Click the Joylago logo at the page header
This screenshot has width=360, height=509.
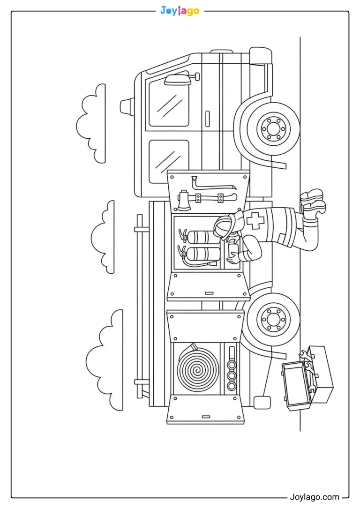point(180,11)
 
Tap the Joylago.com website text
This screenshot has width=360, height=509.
point(314,497)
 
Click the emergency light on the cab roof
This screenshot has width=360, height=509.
point(127,106)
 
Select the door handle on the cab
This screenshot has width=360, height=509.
point(208,119)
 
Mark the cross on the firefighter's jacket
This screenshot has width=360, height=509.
point(255,220)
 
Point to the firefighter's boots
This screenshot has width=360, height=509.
point(313,202)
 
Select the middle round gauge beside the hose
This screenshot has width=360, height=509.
point(232,375)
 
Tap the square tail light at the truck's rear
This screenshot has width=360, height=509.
point(262,403)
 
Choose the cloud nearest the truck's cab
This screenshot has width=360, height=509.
point(91,124)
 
